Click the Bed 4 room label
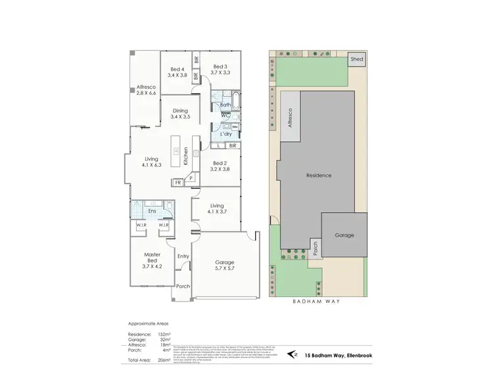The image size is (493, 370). point(177,72)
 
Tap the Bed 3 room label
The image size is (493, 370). point(220,70)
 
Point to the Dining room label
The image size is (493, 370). point(179,114)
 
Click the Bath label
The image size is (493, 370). point(225,105)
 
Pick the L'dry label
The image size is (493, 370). point(226,134)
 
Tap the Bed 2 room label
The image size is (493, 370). point(220,166)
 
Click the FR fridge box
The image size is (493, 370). point(177,183)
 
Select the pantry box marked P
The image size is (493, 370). point(191,177)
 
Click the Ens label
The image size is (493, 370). point(152,211)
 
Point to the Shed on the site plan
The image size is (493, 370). point(357,59)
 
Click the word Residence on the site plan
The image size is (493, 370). point(319,175)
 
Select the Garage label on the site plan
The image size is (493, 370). point(344,235)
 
